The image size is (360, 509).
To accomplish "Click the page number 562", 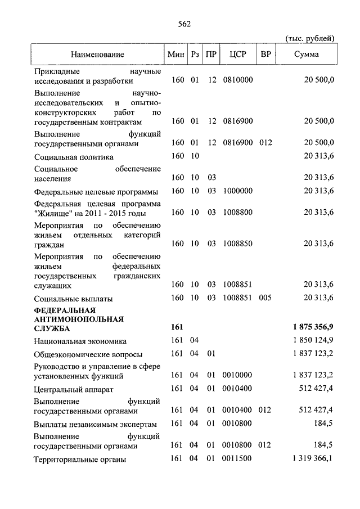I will pos(184,24).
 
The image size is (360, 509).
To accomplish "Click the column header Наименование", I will pos(97,55).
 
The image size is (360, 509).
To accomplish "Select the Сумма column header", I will pos(306,55).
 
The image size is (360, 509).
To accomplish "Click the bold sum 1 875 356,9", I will pos(313,327).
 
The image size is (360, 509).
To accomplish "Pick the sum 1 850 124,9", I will pos(313,341).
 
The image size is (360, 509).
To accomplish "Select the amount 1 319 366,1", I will pos(313,460).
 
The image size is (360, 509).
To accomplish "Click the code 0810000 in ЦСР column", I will pos(238,80).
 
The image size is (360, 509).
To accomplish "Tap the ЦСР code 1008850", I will pos(238,244).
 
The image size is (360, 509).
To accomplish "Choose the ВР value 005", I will pos(266,298).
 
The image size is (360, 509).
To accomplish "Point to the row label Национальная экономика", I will pos(80,341).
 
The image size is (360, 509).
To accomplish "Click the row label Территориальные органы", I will pos(79,460).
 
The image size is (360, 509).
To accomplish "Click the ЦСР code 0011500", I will pos(238,460).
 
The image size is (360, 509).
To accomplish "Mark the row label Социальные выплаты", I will pos(73,298).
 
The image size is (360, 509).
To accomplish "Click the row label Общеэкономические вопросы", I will pos(88,354).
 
